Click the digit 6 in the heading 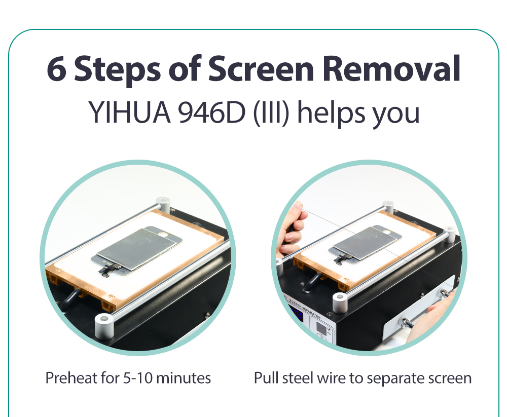(57, 68)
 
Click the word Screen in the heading (261, 68)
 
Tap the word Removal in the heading (391, 68)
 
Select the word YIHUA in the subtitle (129, 112)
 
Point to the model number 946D (211, 112)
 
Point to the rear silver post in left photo (163, 205)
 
